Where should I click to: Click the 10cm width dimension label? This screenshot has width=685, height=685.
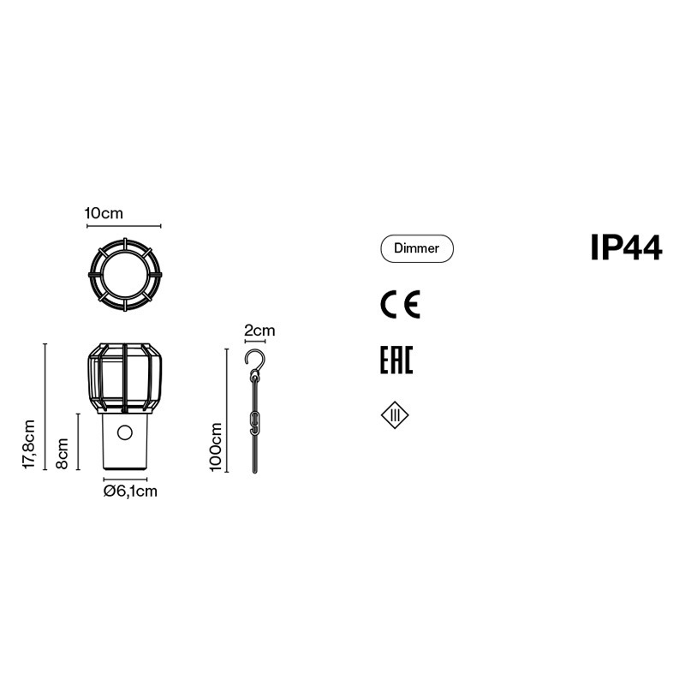point(104,213)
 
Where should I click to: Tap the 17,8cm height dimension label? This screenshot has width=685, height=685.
point(29,444)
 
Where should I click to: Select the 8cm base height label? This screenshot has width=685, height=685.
point(62,454)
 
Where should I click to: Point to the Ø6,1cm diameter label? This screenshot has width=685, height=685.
point(130,491)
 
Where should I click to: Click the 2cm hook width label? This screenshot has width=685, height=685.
point(259,331)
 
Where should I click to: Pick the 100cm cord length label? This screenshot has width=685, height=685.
point(216,447)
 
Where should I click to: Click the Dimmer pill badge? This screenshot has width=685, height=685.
point(417,248)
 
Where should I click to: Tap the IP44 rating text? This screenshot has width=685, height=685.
point(626,247)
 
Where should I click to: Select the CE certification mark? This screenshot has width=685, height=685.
point(400,304)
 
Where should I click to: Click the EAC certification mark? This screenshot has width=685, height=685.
point(396,360)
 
